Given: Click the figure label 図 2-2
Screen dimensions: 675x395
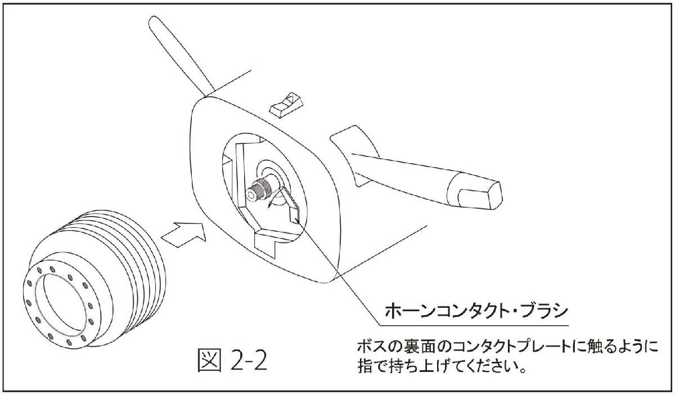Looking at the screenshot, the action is [232, 360].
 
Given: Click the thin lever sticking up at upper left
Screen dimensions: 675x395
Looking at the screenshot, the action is [181, 53].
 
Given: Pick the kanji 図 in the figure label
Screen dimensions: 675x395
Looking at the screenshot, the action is [209, 360].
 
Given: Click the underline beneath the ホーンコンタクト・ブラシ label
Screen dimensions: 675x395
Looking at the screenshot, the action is [474, 326].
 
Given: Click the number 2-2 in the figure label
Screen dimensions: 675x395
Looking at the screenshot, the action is [249, 360].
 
